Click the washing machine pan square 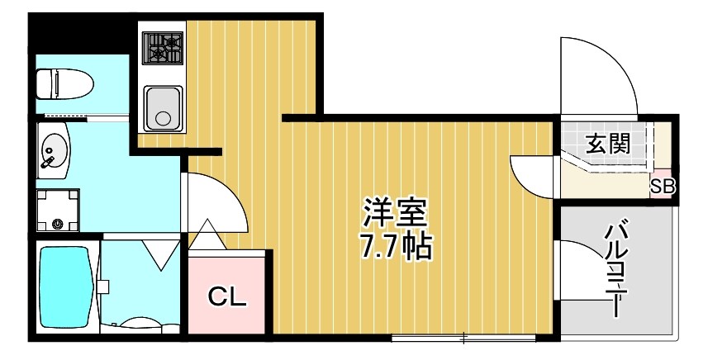58,210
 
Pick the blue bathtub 64,287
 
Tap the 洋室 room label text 395,213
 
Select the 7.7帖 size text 395,245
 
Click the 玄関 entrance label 608,144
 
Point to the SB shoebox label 663,187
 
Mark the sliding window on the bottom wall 463,337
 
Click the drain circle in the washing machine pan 58,223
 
